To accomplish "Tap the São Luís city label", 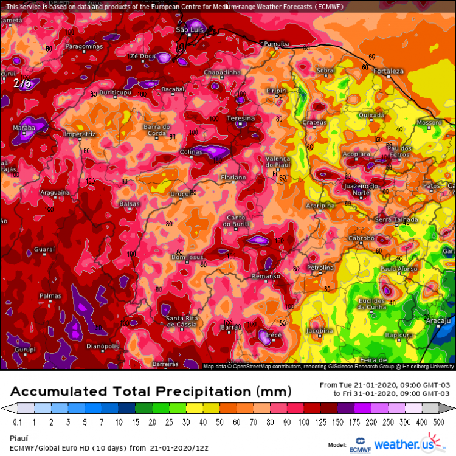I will (188, 29).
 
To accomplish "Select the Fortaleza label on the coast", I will (389, 71).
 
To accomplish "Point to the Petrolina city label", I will (320, 268).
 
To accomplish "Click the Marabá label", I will (25, 128).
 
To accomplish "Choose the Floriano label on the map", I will (233, 177).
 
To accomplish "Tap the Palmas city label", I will (50, 296).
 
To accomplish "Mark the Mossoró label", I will (429, 122).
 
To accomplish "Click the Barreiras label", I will (165, 364).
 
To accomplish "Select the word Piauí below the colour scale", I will (19, 437).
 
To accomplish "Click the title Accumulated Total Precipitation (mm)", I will (151, 390).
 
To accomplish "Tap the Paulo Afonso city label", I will (398, 268).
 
